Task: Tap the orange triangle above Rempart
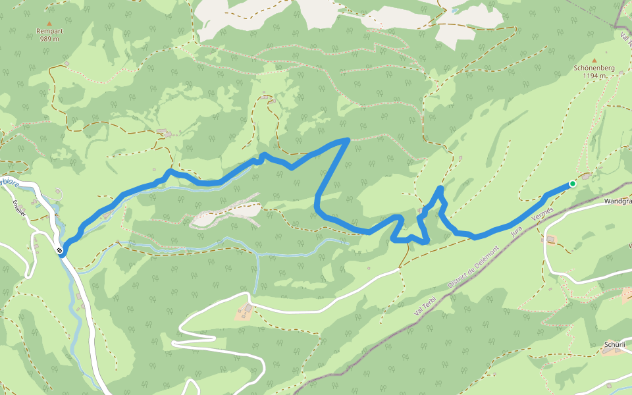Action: [x=49, y=23]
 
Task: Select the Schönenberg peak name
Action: [x=593, y=68]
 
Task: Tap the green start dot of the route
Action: [x=573, y=184]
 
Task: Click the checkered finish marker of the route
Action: [x=61, y=251]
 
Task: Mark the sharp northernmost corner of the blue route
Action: [x=348, y=140]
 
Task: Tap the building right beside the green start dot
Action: [x=585, y=175]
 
